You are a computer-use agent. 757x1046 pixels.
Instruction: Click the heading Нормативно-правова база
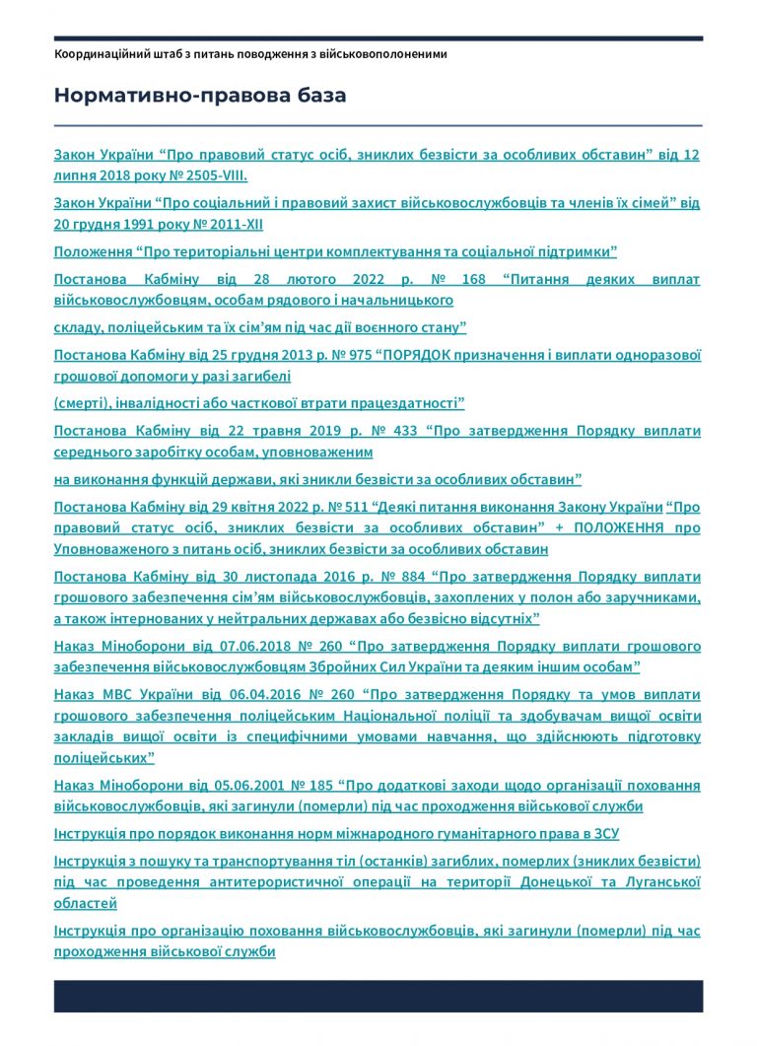click(200, 96)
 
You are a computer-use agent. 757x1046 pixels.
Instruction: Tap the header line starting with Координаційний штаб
click(250, 53)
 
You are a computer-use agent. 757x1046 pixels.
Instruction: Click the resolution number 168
click(474, 279)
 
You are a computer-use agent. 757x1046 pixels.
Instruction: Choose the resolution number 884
click(404, 576)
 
